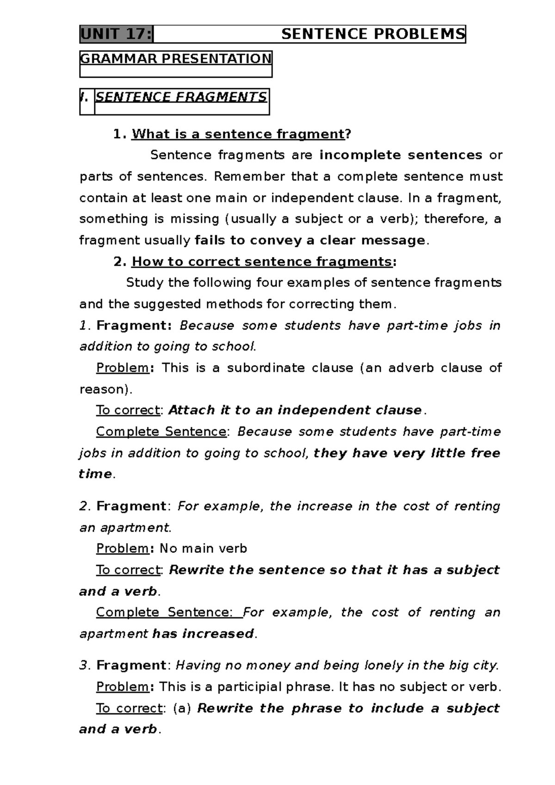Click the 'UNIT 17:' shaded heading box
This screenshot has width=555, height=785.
(x=116, y=34)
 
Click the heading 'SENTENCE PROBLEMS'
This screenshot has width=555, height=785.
(x=373, y=34)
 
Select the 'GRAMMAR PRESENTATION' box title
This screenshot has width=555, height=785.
(x=176, y=59)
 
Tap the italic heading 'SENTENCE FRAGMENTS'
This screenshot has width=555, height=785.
(x=181, y=97)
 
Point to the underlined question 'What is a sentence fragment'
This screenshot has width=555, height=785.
(x=238, y=134)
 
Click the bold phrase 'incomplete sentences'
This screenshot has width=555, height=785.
(x=401, y=155)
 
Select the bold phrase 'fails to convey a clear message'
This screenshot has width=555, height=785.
(x=309, y=240)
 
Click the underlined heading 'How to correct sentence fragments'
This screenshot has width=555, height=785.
(x=262, y=262)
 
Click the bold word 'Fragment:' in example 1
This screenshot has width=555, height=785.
(x=134, y=325)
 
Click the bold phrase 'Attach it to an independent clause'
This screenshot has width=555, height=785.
(x=295, y=411)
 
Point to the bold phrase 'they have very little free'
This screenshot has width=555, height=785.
(x=407, y=453)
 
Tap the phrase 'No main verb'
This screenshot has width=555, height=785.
(x=203, y=549)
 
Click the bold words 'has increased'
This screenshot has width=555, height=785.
(x=203, y=634)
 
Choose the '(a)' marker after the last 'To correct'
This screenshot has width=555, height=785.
(x=182, y=708)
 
